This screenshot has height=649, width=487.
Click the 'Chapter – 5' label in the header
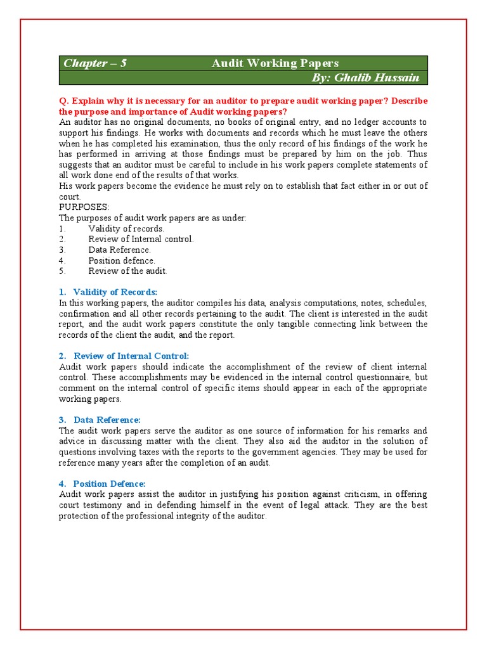click(x=94, y=63)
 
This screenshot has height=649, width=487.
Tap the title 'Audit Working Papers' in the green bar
click(x=275, y=63)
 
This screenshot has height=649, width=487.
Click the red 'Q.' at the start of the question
click(x=63, y=101)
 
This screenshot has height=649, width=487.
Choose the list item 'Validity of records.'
click(x=126, y=228)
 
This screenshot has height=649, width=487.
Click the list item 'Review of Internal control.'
click(x=141, y=239)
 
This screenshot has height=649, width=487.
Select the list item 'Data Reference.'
click(x=119, y=250)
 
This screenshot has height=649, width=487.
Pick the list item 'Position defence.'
click(x=121, y=260)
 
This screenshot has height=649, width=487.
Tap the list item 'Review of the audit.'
click(x=127, y=271)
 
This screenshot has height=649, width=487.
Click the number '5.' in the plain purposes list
click(x=62, y=271)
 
